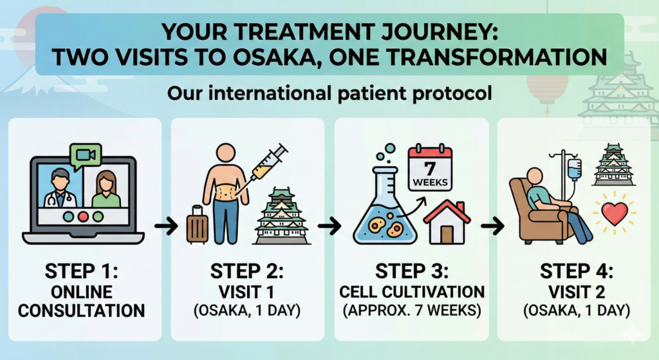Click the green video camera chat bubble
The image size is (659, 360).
pos(87,155)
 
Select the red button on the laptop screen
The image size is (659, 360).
pos(83,217)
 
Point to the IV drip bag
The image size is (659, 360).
pos(574,169)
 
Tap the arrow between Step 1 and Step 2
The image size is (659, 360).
pos(166,226)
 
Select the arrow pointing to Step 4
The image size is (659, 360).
pos(492,226)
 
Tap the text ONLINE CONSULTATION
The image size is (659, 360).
pos(82,301)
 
